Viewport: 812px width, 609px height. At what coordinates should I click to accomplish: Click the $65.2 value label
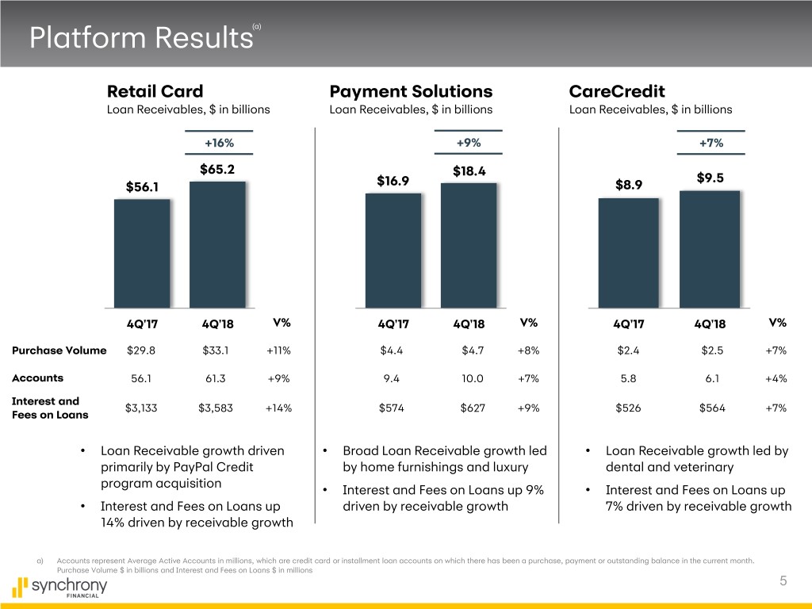pyautogui.click(x=217, y=169)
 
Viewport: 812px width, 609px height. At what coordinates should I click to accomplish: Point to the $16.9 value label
pyautogui.click(x=393, y=181)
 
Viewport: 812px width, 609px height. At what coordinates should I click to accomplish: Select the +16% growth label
pyautogui.click(x=219, y=143)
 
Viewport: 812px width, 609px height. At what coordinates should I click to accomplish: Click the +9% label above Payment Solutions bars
pyautogui.click(x=469, y=143)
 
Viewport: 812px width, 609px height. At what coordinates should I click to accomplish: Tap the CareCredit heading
pyautogui.click(x=617, y=91)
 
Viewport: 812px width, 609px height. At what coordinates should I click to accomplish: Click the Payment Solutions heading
pyautogui.click(x=411, y=91)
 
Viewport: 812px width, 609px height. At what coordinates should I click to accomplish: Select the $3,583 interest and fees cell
pyautogui.click(x=217, y=408)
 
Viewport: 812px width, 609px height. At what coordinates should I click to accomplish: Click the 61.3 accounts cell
pyautogui.click(x=217, y=379)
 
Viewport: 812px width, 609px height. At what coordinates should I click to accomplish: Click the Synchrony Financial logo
pyautogui.click(x=59, y=588)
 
